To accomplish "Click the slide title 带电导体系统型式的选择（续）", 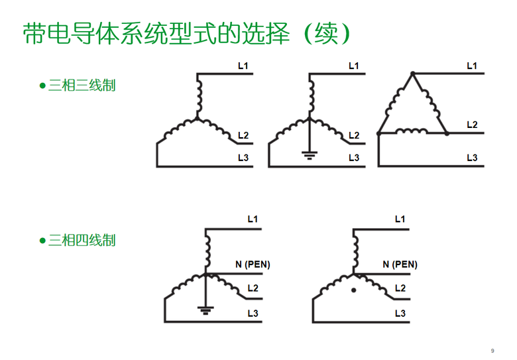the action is coord(186,34).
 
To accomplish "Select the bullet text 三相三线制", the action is coord(82,86).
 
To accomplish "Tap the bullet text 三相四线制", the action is coord(82,240).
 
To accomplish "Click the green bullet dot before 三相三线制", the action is coord(42,86).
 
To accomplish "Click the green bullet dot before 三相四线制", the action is coord(42,241).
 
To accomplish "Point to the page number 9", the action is coord(492,351).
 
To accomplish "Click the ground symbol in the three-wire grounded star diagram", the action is coord(310,155).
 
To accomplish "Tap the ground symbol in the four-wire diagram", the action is coord(205,310).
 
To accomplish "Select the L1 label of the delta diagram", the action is coord(472,66).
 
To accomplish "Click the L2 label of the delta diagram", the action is coord(472,125).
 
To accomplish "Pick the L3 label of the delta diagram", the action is coord(472,158).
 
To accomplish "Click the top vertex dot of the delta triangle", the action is coord(412,74).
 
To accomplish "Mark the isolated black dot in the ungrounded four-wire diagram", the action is coord(353,290).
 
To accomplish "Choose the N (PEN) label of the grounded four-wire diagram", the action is coord(253,265).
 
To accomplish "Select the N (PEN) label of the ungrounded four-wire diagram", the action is coord(400,265).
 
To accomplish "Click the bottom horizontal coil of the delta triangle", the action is coord(411,131).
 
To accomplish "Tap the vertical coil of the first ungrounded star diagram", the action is coord(199,96).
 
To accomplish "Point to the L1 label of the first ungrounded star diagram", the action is coord(243,66).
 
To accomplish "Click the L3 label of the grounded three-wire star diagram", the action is coord(354,158).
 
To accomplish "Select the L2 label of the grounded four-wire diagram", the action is coord(253,288).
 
